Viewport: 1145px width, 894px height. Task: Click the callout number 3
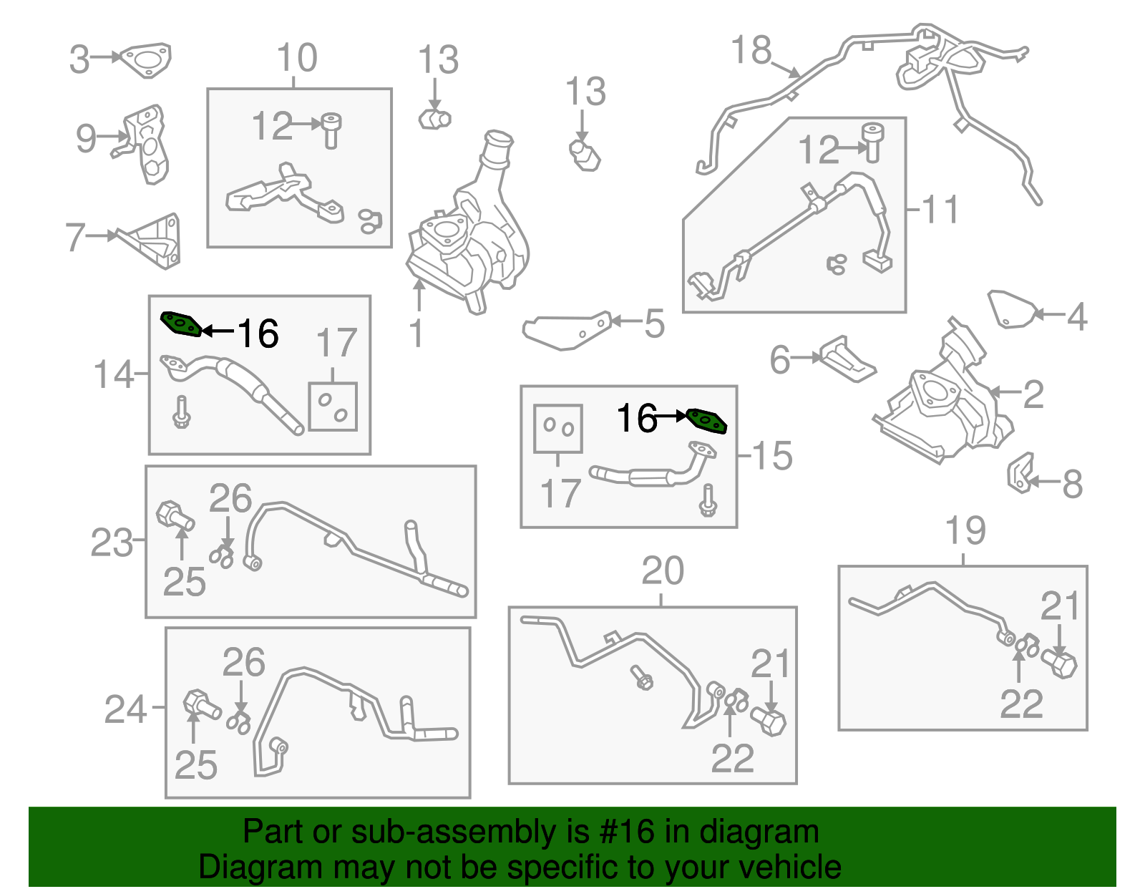pos(79,59)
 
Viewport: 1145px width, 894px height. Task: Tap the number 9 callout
pos(87,139)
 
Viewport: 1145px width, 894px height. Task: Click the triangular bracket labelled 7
pos(152,241)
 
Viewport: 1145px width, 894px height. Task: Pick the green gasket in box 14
pos(181,324)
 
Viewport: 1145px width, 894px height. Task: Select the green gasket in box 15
pos(706,422)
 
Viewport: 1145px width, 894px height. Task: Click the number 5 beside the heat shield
pos(655,324)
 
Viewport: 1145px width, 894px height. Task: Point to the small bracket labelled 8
pos(1020,473)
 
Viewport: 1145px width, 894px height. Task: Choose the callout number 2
pos(1033,394)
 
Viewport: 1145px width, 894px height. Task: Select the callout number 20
pos(663,570)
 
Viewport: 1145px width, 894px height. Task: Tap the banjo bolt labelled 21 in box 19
pos(1059,665)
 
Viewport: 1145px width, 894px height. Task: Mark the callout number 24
pos(125,709)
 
